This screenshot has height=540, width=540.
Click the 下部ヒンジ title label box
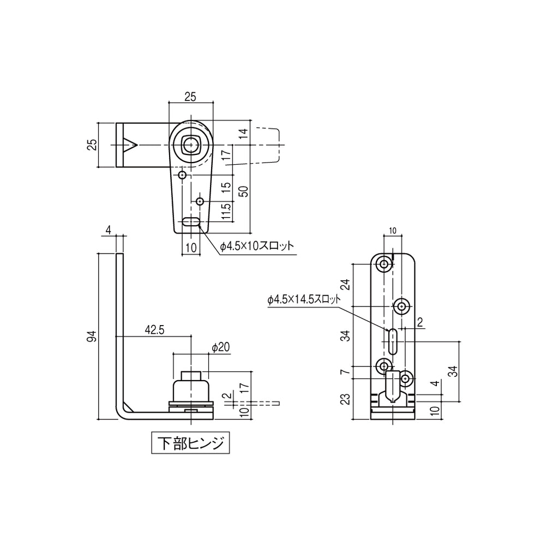pyautogui.click(x=190, y=443)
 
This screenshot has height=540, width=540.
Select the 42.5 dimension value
pyautogui.click(x=154, y=329)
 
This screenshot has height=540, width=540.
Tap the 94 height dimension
pyautogui.click(x=92, y=336)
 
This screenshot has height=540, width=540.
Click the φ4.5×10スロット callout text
pyautogui.click(x=256, y=246)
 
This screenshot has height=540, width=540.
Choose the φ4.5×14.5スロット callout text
pyautogui.click(x=303, y=299)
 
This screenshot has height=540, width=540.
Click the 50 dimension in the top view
pyautogui.click(x=244, y=191)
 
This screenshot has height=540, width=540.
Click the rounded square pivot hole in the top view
pyautogui.click(x=190, y=145)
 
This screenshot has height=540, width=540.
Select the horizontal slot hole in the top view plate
pyautogui.click(x=190, y=222)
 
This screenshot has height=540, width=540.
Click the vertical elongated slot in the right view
pyautogui.click(x=392, y=341)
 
